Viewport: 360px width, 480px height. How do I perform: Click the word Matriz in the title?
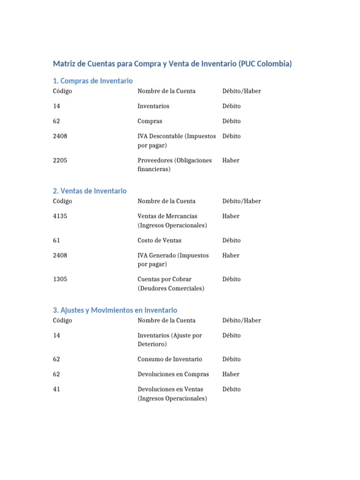pyautogui.click(x=64, y=64)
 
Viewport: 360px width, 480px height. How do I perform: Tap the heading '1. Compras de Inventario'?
pyautogui.click(x=93, y=81)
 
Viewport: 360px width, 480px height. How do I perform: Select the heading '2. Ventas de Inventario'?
pyautogui.click(x=90, y=191)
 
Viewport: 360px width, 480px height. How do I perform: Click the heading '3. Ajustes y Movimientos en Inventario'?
pyautogui.click(x=115, y=310)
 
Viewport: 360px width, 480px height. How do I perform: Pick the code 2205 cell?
pyautogui.click(x=60, y=160)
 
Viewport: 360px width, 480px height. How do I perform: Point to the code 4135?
pyautogui.click(x=60, y=216)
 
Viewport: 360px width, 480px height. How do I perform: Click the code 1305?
pyautogui.click(x=60, y=279)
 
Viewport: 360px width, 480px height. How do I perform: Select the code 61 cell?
pyautogui.click(x=57, y=240)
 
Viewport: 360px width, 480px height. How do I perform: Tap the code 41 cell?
pyautogui.click(x=57, y=389)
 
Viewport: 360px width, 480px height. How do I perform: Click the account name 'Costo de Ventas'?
pyautogui.click(x=159, y=240)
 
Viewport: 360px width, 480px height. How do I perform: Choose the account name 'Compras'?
pyautogui.click(x=150, y=121)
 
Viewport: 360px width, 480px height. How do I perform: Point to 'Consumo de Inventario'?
pyautogui.click(x=170, y=359)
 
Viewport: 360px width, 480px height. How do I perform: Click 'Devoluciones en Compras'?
pyautogui.click(x=173, y=374)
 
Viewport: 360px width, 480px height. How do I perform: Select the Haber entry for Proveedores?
pyautogui.click(x=231, y=160)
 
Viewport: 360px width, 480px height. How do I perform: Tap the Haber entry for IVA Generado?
pyautogui.click(x=231, y=255)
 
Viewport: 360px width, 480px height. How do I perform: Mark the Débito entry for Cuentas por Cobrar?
pyautogui.click(x=232, y=279)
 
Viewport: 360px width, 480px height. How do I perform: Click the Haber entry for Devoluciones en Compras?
pyautogui.click(x=231, y=374)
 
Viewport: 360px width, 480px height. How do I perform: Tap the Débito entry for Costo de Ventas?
pyautogui.click(x=232, y=240)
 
